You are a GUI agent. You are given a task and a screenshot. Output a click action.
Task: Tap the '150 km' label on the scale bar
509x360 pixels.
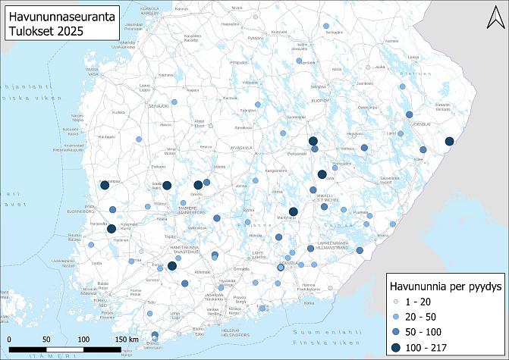coord(126,339)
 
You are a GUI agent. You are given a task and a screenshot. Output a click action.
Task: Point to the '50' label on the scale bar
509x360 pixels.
coord(46,339)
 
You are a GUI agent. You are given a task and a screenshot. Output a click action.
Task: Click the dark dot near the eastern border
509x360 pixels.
coord(449,141)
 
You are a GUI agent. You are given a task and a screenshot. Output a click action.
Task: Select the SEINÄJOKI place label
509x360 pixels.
coord(157,106)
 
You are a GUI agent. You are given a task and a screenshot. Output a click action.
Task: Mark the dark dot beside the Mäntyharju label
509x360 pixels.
coord(293,212)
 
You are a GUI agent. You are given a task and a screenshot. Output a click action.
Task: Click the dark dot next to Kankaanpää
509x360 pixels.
coord(104,184)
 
